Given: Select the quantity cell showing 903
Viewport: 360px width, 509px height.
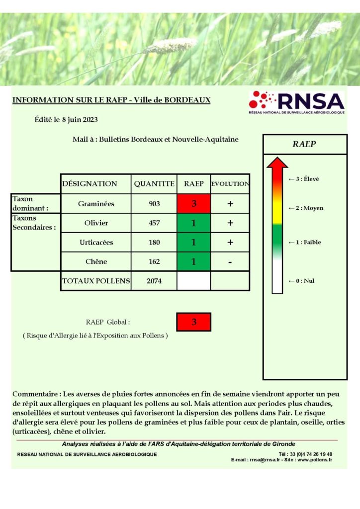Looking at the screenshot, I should tap(154, 204).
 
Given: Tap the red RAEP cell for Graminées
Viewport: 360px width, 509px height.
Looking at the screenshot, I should tap(193, 204).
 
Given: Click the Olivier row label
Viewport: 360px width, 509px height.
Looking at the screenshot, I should tap(96, 223).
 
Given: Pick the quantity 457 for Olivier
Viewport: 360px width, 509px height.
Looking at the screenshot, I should tap(154, 223).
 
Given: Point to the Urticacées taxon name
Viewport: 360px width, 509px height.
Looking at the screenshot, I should tap(96, 243).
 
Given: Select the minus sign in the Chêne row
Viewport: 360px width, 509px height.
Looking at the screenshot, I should tap(230, 262).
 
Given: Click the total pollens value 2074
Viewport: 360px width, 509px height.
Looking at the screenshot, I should tap(154, 281).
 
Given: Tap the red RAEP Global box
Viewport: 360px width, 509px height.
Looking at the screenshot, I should tap(193, 322).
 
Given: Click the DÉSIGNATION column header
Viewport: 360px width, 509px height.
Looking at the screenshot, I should tap(90, 184).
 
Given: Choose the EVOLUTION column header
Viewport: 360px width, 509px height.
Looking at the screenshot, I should tap(230, 184).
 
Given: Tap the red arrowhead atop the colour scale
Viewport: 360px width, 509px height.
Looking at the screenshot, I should tap(277, 163).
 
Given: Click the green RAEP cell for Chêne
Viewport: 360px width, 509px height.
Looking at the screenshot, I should tap(193, 262).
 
